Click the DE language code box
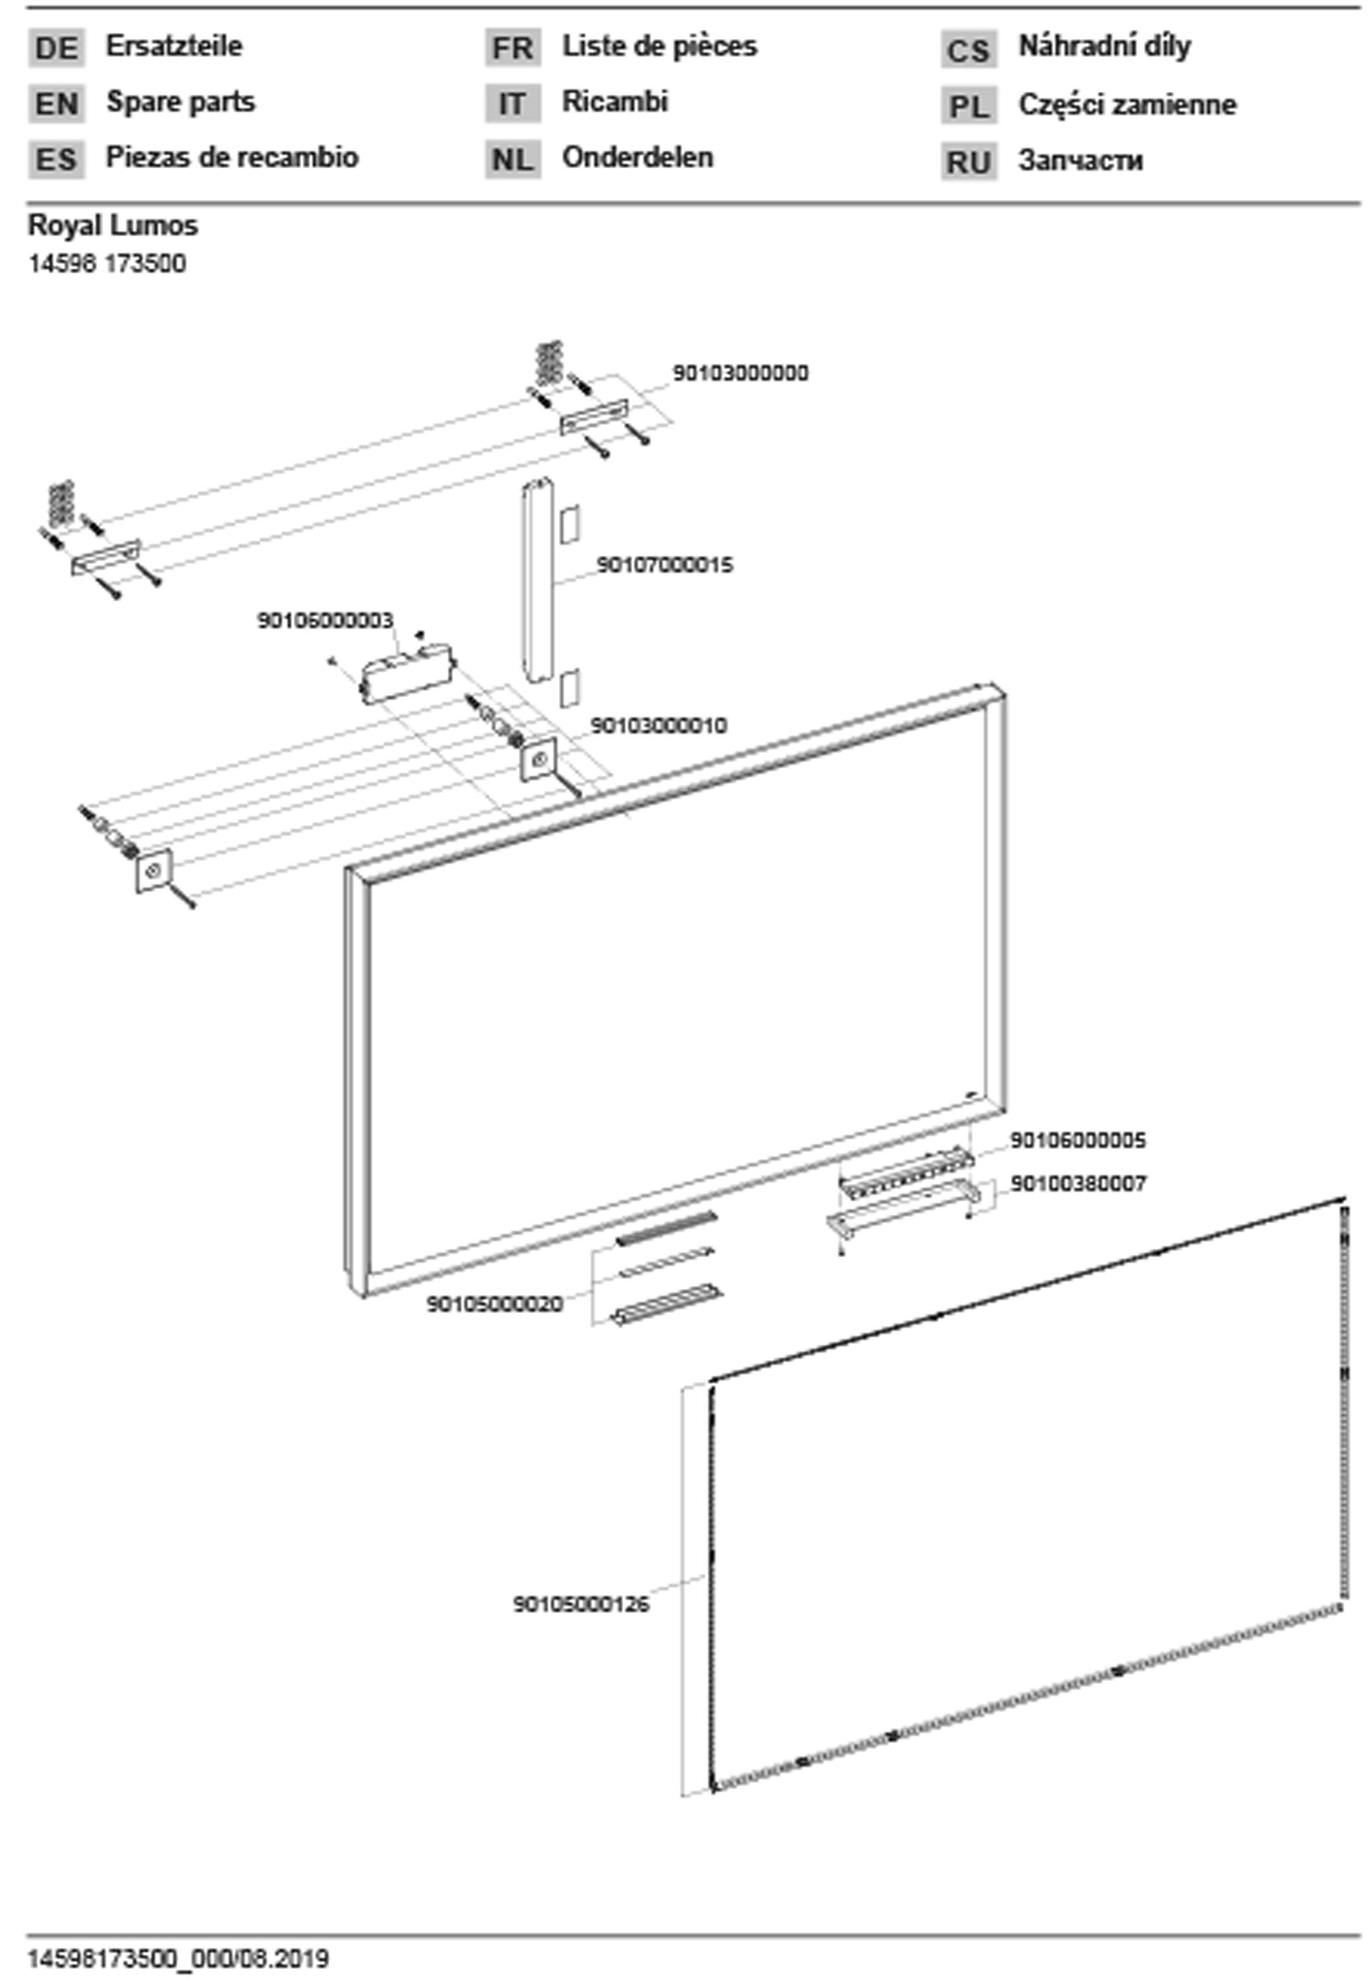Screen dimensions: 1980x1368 tap(57, 48)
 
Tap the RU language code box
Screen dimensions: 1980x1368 tap(969, 162)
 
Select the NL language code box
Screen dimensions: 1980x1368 tap(512, 159)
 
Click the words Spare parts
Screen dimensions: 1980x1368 tap(180, 102)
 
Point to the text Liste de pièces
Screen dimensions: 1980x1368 tap(659, 46)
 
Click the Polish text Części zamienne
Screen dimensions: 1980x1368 tap(1127, 104)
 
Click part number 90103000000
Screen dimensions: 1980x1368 tap(739, 374)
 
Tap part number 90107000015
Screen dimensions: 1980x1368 tap(664, 566)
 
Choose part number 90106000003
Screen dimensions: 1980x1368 tap(325, 620)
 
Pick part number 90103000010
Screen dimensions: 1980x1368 tap(658, 726)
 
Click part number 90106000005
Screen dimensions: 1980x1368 tap(1077, 1140)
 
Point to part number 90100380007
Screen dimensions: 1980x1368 tap(1077, 1183)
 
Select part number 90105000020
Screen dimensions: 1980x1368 tap(495, 1304)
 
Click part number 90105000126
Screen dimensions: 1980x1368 tap(581, 1604)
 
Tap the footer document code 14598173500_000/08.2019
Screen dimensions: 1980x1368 tap(178, 1959)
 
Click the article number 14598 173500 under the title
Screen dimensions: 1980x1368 tap(107, 264)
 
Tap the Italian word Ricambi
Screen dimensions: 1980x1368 tap(615, 102)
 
